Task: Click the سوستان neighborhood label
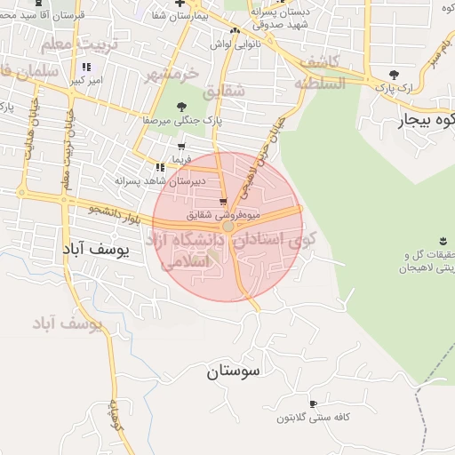[x=235, y=371]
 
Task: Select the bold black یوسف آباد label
[x=96, y=251]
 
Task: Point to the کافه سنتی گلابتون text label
[x=311, y=418]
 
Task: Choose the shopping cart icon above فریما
[x=181, y=147]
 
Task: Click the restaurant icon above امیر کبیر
[x=86, y=67]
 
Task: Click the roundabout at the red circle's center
[x=228, y=227]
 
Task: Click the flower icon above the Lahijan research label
[x=443, y=241]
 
